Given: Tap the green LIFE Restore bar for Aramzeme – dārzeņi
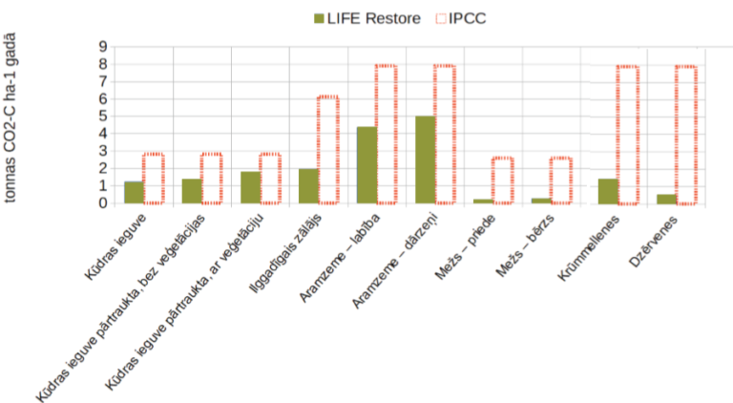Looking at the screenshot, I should tap(425, 159).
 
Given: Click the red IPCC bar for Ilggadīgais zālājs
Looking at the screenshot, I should tap(327, 150).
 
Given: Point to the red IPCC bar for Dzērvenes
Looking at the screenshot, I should tap(685, 135).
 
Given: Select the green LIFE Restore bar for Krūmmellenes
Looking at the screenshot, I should tap(608, 191).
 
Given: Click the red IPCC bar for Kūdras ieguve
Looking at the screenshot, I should tap(154, 179).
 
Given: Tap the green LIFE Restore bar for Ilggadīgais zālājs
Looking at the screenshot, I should tap(308, 185).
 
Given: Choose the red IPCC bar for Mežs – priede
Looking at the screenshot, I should tap(502, 180).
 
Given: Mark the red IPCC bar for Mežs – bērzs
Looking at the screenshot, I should tap(560, 180).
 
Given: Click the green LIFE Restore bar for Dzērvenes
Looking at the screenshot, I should tap(666, 199).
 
